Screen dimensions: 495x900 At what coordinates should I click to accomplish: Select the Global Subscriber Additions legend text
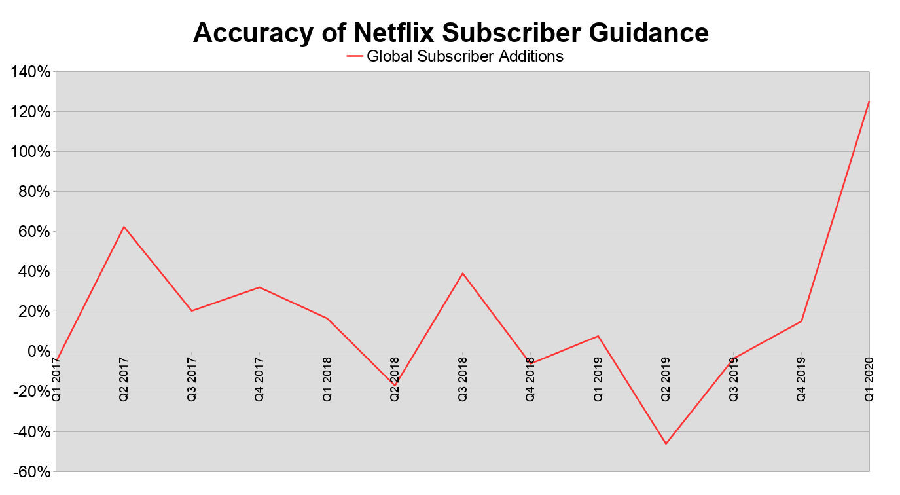(465, 56)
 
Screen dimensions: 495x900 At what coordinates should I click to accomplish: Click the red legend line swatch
(354, 57)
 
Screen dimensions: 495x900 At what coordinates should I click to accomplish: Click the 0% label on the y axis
(38, 352)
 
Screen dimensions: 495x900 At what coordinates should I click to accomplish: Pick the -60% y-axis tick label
(29, 471)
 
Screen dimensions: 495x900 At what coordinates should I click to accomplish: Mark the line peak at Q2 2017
(124, 227)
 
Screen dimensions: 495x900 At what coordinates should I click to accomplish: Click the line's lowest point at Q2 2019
(666, 444)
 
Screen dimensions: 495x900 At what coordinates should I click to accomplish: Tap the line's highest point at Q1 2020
(869, 101)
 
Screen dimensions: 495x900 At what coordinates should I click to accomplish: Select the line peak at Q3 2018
(463, 273)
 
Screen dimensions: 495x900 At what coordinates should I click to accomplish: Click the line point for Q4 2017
(259, 287)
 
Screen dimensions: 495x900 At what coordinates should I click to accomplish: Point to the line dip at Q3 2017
(191, 310)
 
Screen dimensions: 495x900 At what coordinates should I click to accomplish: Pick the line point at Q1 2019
(598, 336)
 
